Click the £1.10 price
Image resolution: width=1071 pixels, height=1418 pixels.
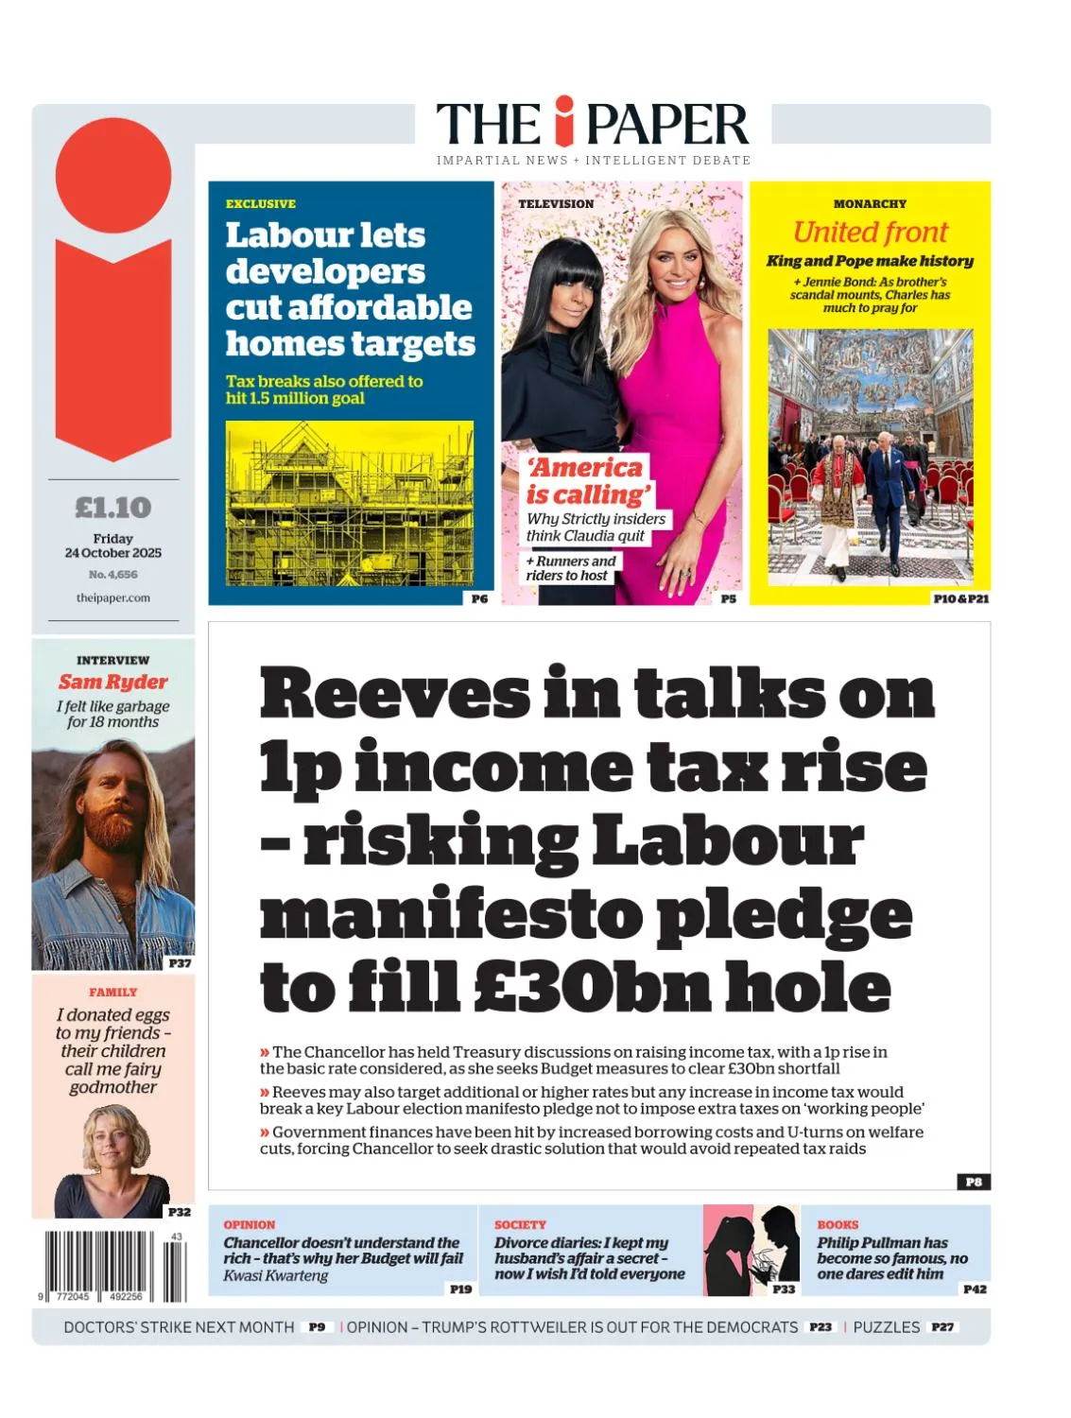pyautogui.click(x=113, y=508)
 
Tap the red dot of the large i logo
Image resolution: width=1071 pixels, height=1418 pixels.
pyautogui.click(x=113, y=175)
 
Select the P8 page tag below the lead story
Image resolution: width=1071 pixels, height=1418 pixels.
pyautogui.click(x=974, y=1182)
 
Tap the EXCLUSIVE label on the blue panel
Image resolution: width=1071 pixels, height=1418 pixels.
pyautogui.click(x=261, y=203)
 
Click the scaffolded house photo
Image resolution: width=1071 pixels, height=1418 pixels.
pyautogui.click(x=350, y=503)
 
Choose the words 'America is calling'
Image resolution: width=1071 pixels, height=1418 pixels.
pyautogui.click(x=588, y=481)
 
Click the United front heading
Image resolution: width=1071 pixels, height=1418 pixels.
pyautogui.click(x=870, y=232)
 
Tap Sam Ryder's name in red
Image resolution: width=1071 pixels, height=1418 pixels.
pyautogui.click(x=113, y=682)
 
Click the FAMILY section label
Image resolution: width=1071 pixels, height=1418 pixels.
pyautogui.click(x=113, y=992)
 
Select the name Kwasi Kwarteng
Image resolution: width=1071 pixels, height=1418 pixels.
pyautogui.click(x=276, y=1275)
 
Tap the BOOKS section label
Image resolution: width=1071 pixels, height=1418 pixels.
pyautogui.click(x=838, y=1224)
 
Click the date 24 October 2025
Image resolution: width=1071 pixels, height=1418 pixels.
pyautogui.click(x=113, y=553)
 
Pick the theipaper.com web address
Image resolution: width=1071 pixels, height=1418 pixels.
pyautogui.click(x=113, y=597)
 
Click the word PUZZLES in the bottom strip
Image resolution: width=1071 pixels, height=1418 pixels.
pyautogui.click(x=886, y=1327)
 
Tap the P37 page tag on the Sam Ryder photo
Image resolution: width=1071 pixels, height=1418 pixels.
pyautogui.click(x=180, y=963)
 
